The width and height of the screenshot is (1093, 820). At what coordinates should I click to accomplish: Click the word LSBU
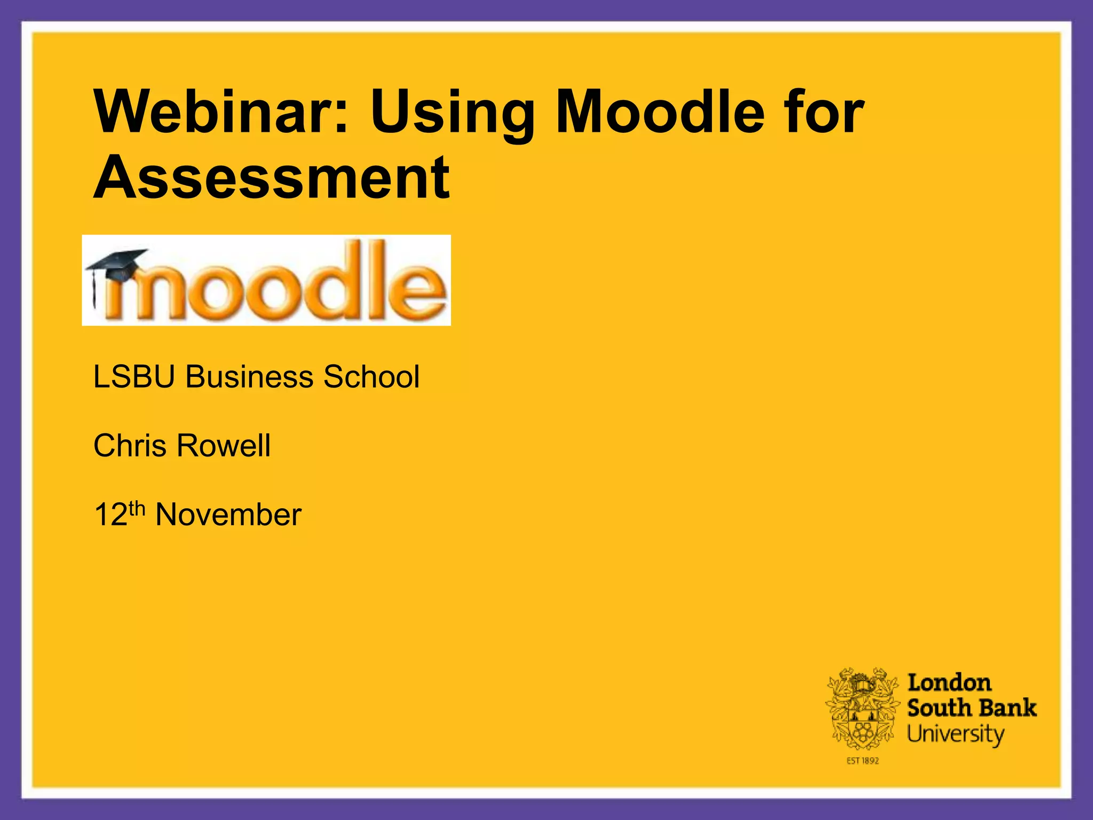click(x=134, y=377)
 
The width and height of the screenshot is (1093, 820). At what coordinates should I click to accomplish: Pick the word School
click(x=371, y=377)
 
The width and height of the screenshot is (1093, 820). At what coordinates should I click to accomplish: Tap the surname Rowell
click(x=224, y=446)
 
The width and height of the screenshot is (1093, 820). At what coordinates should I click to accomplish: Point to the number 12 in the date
click(x=110, y=515)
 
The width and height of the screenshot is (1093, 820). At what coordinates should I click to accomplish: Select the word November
click(x=228, y=515)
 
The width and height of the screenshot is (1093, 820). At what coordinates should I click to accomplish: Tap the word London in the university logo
click(x=949, y=683)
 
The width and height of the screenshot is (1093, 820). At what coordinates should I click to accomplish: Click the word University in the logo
click(x=955, y=735)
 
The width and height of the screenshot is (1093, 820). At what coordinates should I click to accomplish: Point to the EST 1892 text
click(x=862, y=761)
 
